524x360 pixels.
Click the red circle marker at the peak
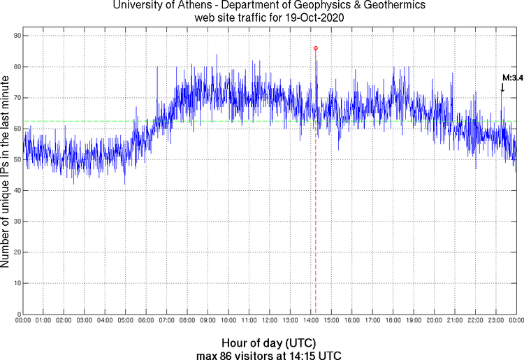316,48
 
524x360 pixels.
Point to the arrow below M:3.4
502,87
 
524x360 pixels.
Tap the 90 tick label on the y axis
15,36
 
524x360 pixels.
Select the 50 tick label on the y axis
15,159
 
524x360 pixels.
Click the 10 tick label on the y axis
15,283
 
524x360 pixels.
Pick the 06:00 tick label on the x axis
146,320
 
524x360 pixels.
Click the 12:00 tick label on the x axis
270,320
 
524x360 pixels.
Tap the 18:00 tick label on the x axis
393,320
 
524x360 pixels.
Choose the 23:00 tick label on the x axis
496,320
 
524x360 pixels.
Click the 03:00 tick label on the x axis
85,320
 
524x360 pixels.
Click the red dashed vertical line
316,210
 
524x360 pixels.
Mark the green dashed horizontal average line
84,121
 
